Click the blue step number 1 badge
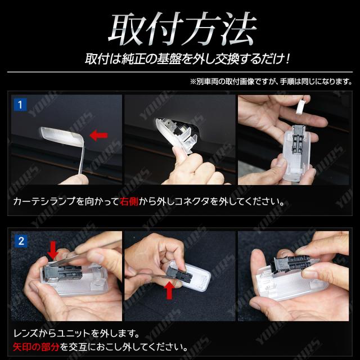point(20,105)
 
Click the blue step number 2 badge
point(21,241)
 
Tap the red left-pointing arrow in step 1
point(98,136)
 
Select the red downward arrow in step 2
point(53,250)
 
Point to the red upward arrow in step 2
point(169,290)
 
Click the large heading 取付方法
point(182,29)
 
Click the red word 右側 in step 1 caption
point(129,201)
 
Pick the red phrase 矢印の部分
point(36,347)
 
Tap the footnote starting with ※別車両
point(271,82)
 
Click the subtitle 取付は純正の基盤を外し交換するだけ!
point(187,59)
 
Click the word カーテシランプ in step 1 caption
point(44,201)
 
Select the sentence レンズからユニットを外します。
point(76,334)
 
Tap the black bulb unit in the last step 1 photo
point(298,139)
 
